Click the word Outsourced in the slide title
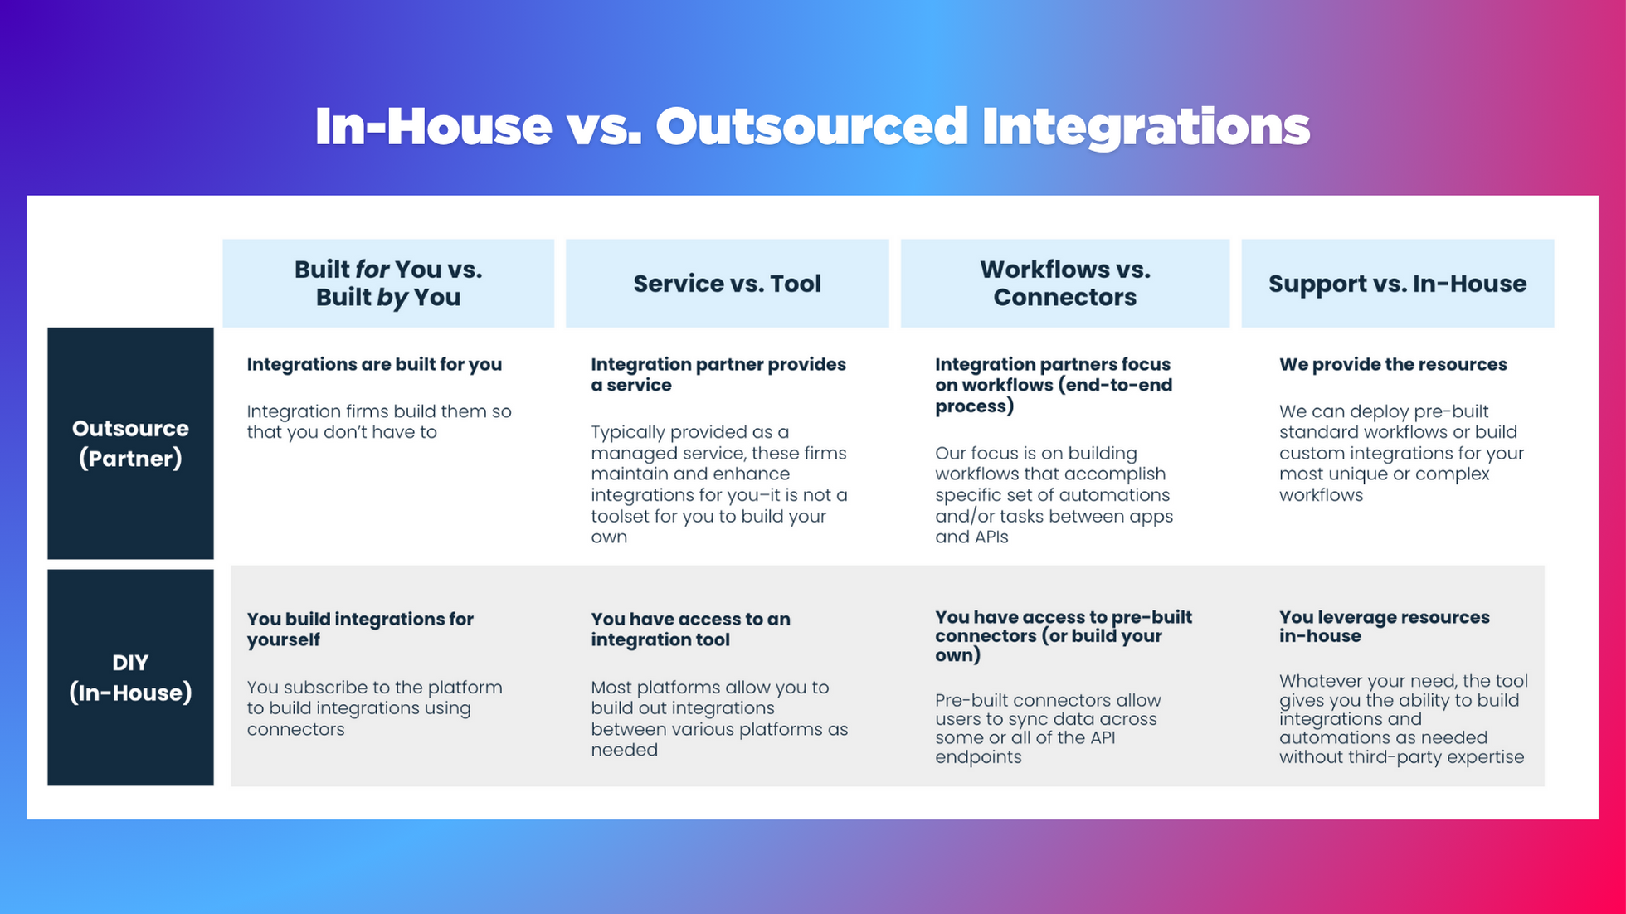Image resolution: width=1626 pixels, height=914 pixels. pyautogui.click(x=811, y=127)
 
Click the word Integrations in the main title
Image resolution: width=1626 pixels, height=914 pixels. pyautogui.click(x=1145, y=127)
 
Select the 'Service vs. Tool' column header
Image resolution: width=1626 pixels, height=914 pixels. pyautogui.click(x=727, y=284)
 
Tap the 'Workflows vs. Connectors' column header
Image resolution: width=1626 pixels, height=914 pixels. pyautogui.click(x=1064, y=284)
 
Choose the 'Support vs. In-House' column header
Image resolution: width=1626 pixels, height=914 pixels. pyautogui.click(x=1397, y=284)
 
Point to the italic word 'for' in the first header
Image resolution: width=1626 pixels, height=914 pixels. pyautogui.click(x=372, y=270)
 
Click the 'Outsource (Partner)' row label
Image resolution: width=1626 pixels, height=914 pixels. pyautogui.click(x=130, y=443)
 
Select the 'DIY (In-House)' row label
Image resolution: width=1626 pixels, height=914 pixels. pyautogui.click(x=130, y=677)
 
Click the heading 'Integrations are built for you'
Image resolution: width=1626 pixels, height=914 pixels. pyautogui.click(x=374, y=364)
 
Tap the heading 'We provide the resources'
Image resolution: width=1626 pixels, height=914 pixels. pyautogui.click(x=1392, y=364)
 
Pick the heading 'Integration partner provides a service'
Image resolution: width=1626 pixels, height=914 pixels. pyautogui.click(x=718, y=375)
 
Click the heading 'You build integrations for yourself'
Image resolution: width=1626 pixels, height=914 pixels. pyautogui.click(x=359, y=629)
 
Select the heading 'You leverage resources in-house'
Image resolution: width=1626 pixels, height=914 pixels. pyautogui.click(x=1384, y=626)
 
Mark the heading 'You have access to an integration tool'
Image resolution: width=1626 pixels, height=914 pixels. pyautogui.click(x=690, y=629)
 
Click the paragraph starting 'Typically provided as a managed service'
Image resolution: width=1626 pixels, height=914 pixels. pyautogui.click(x=718, y=484)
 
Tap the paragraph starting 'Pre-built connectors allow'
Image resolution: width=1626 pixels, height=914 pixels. pyautogui.click(x=1047, y=728)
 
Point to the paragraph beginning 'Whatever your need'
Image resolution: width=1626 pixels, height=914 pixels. pyautogui.click(x=1402, y=718)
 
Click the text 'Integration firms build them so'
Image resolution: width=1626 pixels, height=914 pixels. pyautogui.click(x=378, y=411)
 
